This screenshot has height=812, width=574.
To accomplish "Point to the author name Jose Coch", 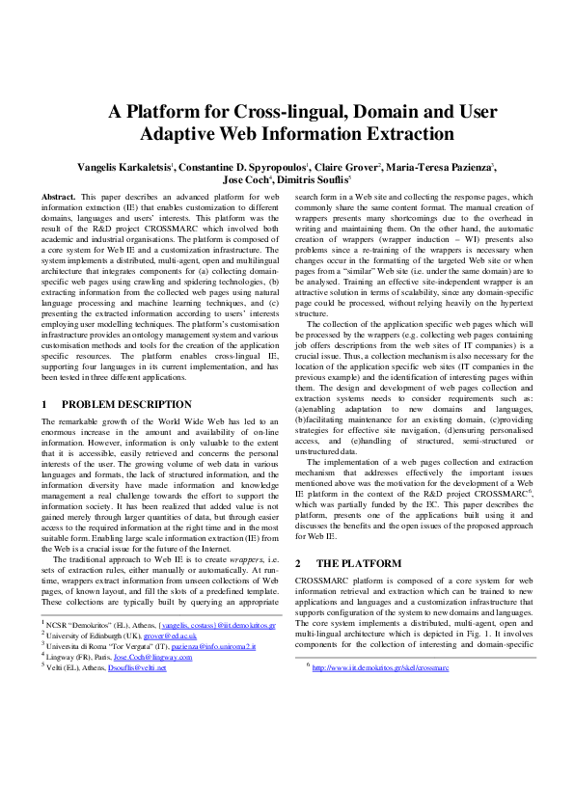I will (x=245, y=179).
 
